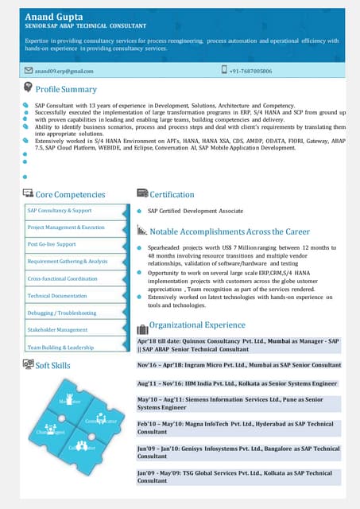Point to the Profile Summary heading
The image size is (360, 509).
(66, 89)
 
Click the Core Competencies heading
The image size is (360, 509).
(70, 194)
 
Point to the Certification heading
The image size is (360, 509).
(172, 194)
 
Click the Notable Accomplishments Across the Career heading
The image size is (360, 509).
(230, 231)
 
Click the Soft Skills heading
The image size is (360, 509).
(53, 365)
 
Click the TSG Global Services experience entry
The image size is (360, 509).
(239, 476)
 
